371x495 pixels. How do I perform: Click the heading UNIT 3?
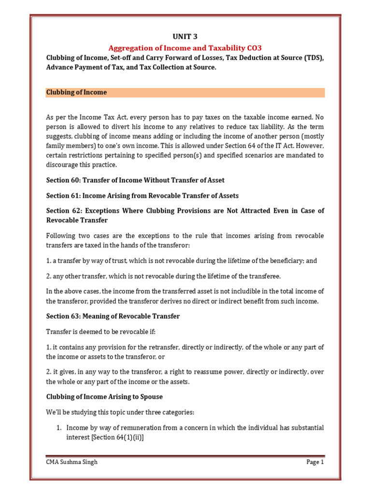click(x=185, y=37)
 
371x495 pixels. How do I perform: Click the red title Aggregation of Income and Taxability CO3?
click(x=185, y=47)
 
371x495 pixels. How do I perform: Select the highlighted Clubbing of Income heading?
click(x=76, y=92)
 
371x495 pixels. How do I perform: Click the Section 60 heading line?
click(x=135, y=180)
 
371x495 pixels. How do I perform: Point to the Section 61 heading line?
click(x=143, y=196)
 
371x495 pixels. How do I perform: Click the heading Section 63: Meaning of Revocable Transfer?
click(x=113, y=316)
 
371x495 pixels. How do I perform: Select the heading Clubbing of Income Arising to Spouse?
click(x=104, y=397)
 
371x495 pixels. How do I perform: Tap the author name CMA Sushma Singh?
click(x=71, y=462)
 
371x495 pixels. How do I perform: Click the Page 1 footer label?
click(x=315, y=462)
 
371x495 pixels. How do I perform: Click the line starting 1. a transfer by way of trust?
click(x=182, y=261)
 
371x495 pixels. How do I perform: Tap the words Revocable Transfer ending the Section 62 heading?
click(x=77, y=220)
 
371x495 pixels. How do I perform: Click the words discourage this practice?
click(x=82, y=165)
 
